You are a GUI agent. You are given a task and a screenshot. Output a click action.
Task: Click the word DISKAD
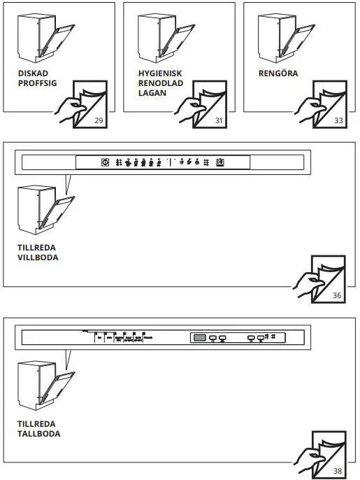[x=33, y=73]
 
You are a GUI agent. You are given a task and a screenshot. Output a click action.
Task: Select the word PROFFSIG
[x=37, y=83]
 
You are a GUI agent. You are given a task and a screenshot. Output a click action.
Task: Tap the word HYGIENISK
[x=160, y=73]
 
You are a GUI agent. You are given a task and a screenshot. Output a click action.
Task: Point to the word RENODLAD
[x=159, y=83]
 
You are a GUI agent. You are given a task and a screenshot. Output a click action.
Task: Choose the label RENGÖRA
[x=278, y=73]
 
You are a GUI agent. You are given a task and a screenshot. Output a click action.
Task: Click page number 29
[x=99, y=121]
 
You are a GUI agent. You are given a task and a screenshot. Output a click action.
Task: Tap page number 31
[x=219, y=121]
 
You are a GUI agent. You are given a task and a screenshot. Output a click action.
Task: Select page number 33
[x=339, y=121]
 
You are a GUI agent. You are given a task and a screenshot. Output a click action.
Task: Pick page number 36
[x=337, y=296]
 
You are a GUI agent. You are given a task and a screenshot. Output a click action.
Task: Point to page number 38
[x=337, y=471]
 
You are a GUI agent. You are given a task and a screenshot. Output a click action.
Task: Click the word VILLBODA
[x=38, y=257]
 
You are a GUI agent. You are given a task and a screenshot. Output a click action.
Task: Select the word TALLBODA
[x=38, y=434]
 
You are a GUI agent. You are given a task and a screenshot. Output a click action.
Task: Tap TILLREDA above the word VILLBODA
[x=36, y=248]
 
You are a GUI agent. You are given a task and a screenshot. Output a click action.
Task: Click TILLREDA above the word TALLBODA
[x=36, y=424]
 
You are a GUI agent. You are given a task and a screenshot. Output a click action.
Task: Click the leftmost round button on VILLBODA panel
[x=105, y=162]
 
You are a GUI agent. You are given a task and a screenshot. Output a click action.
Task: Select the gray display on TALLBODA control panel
[x=200, y=338]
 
